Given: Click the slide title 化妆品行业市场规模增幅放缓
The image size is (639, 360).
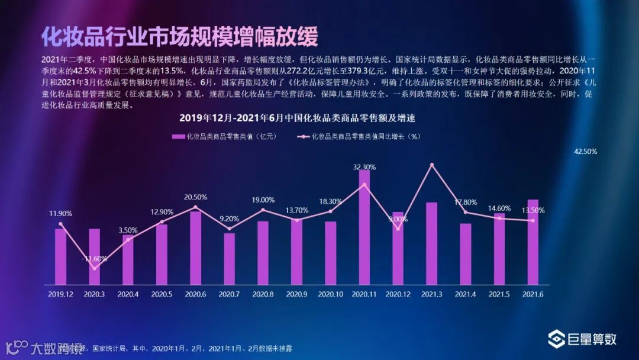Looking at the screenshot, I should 180,36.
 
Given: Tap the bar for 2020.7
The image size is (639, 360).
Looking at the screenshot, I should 229,258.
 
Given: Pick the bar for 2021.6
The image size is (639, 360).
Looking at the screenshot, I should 533,242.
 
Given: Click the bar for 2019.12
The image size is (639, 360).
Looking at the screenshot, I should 60,256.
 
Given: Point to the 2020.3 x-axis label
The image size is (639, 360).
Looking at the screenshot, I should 95,294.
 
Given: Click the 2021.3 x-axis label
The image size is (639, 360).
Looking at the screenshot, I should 432,294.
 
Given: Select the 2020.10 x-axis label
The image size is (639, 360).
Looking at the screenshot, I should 331,294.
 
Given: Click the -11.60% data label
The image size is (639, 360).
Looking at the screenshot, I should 95,259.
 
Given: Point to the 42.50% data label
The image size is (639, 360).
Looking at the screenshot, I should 585,152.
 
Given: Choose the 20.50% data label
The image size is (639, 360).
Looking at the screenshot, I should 195,197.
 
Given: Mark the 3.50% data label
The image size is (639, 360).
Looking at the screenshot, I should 128,230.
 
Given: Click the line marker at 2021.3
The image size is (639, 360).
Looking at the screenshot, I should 432,164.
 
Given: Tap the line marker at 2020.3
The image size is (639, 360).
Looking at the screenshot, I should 95,268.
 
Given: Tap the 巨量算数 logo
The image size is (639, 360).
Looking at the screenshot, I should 582,339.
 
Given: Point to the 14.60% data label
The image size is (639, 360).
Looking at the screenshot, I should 499,208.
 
